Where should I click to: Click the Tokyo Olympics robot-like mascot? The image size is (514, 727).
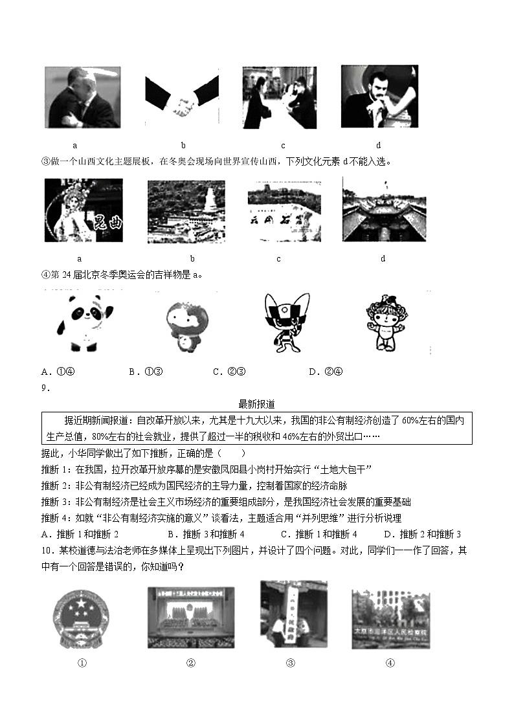point(283,322)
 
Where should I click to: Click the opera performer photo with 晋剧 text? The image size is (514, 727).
point(84,211)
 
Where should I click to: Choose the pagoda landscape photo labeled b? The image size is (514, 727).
point(186,211)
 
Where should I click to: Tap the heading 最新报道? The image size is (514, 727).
point(256,404)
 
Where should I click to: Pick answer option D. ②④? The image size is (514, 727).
point(326,372)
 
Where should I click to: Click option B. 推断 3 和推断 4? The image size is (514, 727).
point(205,534)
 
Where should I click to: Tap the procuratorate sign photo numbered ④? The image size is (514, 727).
point(390,618)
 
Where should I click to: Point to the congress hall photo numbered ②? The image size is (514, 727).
point(191,618)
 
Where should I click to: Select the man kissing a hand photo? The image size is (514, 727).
point(379,97)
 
